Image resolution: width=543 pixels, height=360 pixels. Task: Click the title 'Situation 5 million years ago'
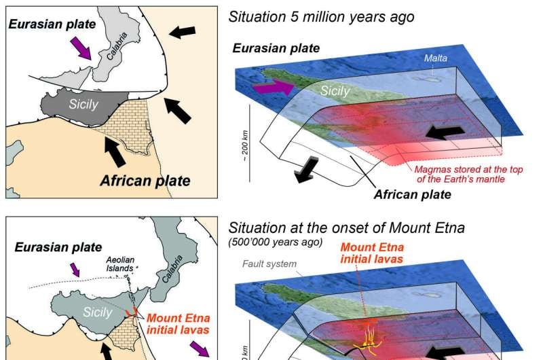click(x=321, y=16)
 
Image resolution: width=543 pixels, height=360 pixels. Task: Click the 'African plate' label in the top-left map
click(x=145, y=181)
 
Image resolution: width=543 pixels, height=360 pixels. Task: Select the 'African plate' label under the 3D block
click(x=413, y=195)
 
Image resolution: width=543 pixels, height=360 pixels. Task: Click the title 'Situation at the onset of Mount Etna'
click(x=346, y=228)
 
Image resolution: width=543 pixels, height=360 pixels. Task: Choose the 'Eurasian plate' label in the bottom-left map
click(x=60, y=247)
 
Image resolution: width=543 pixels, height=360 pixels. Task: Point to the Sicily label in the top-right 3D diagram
click(x=335, y=91)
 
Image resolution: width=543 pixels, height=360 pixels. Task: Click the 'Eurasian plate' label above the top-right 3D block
click(x=276, y=48)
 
